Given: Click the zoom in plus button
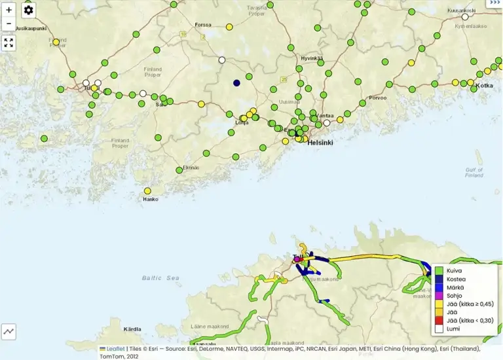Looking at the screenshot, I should (x=9, y=10).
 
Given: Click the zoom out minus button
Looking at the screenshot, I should (x=9, y=24).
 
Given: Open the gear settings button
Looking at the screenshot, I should (x=28, y=10).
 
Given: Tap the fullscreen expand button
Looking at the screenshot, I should (x=9, y=43).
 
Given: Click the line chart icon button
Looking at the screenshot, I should (x=9, y=331).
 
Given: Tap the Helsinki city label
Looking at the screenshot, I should (x=320, y=142).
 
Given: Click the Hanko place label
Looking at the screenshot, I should (x=150, y=199).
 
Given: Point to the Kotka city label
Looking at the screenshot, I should (x=484, y=86).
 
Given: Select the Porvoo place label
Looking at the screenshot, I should (x=378, y=98).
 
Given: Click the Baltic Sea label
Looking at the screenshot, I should (x=160, y=278).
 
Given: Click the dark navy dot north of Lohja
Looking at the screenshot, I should (x=236, y=83).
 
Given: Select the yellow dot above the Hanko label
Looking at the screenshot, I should (x=147, y=191).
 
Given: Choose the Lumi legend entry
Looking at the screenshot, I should (x=454, y=329).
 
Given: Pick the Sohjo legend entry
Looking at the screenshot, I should (x=455, y=296).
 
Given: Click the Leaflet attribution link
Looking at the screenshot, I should (x=116, y=349).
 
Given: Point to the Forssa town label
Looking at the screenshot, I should (x=203, y=25).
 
